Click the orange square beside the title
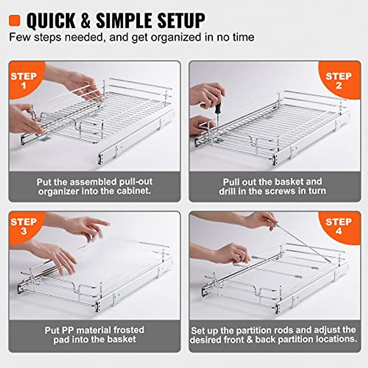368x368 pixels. [14, 21]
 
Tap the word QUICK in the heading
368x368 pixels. [51, 21]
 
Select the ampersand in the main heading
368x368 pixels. [86, 21]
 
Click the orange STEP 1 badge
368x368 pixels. [24, 80]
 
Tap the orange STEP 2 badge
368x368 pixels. [339, 80]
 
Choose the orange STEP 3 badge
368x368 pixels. [24, 226]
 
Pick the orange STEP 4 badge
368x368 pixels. [339, 226]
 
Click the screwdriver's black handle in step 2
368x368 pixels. [217, 108]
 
